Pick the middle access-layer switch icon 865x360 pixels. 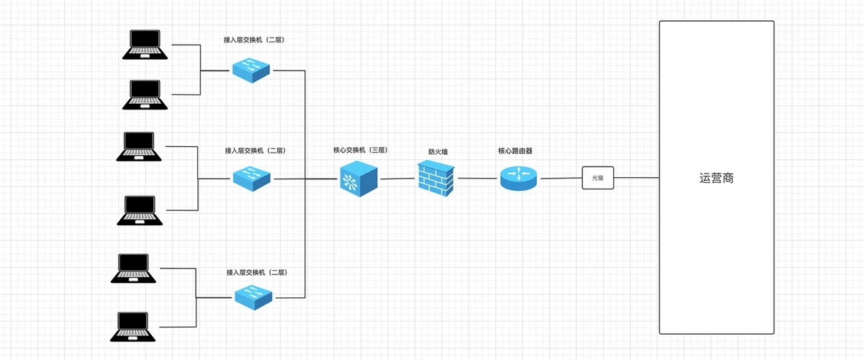252,178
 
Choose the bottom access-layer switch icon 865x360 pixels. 254,295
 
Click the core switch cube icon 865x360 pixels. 358,178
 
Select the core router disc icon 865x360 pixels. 518,178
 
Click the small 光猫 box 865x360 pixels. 597,177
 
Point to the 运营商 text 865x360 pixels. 716,178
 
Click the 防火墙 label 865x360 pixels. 438,152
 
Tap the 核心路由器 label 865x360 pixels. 515,151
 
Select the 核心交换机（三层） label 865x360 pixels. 360,150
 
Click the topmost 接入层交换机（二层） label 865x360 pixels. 254,40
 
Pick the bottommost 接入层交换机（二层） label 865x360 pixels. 256,273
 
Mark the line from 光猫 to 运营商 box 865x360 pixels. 636,177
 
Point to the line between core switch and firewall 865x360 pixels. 397,178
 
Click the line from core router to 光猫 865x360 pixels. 560,178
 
